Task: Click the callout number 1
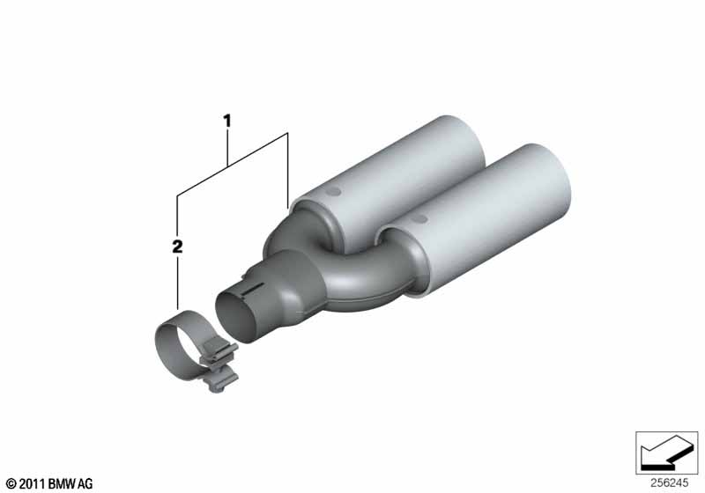click(227, 121)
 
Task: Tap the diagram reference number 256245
click(669, 482)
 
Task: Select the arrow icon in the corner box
click(666, 453)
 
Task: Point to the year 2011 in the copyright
click(33, 483)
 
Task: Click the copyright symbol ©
click(11, 483)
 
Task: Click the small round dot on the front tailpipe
click(420, 218)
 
